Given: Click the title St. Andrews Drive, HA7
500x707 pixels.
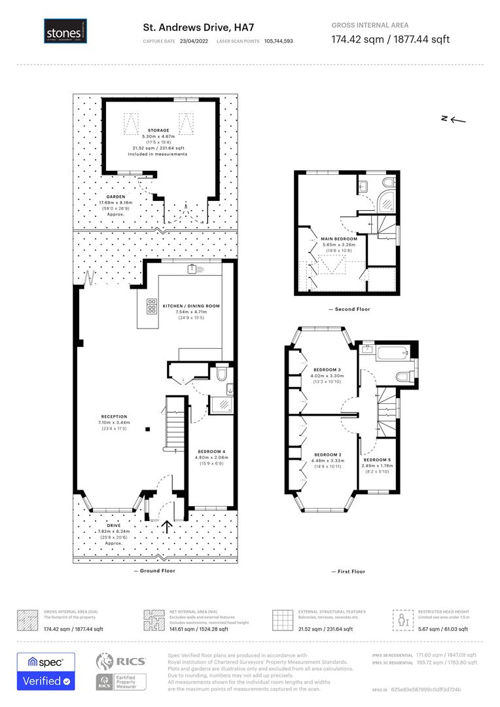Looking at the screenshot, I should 189,27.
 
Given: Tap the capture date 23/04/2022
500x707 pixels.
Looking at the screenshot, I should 194,41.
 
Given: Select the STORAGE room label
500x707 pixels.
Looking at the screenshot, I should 158,131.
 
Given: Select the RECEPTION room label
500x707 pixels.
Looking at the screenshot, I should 114,416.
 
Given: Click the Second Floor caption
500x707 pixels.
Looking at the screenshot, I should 349,308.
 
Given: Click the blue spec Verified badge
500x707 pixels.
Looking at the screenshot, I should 46,671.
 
